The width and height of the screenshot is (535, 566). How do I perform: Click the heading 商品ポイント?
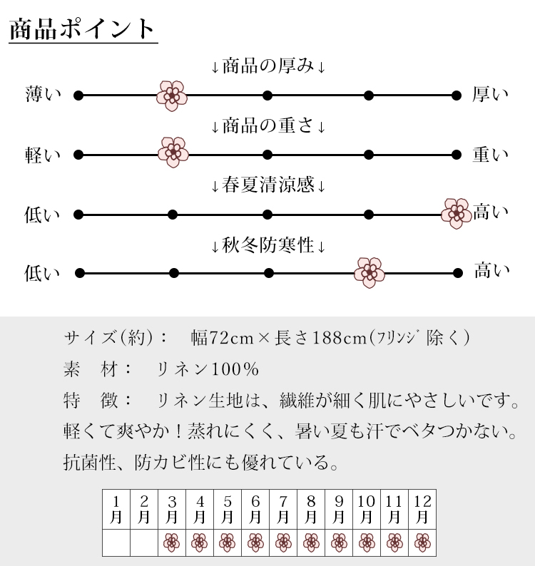tap(82, 29)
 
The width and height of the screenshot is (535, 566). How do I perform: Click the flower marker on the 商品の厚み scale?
tap(172, 96)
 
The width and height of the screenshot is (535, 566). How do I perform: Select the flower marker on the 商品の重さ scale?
tap(173, 153)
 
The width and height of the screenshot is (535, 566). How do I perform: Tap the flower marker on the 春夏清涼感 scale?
tap(457, 213)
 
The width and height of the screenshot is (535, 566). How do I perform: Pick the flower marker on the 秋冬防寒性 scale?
tap(370, 272)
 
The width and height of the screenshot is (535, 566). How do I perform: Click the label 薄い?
tap(44, 94)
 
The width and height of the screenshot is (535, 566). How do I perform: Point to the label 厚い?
tap(490, 94)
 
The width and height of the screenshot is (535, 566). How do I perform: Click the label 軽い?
tap(43, 155)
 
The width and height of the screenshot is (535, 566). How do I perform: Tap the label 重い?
tap(491, 155)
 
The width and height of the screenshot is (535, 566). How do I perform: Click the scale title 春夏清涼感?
tap(268, 185)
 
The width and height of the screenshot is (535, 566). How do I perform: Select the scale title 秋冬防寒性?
tap(268, 245)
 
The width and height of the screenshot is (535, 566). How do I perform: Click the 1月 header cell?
tap(116, 509)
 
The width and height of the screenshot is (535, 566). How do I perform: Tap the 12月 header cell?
tap(422, 509)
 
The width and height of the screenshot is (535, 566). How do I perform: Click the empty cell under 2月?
tap(144, 543)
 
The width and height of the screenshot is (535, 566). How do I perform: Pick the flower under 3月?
tap(172, 542)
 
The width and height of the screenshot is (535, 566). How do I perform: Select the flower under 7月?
tap(283, 542)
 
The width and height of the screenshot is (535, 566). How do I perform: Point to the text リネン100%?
tap(208, 369)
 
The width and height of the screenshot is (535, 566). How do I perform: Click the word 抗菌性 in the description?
tap(89, 462)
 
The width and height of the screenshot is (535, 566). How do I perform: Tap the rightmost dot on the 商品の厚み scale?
tap(457, 96)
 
